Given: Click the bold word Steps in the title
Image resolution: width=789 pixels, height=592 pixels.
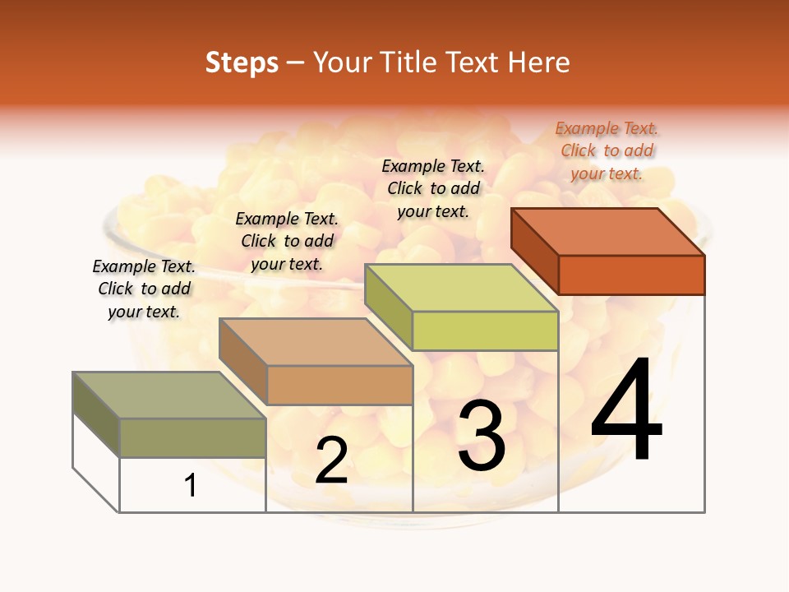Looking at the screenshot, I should coord(242,62).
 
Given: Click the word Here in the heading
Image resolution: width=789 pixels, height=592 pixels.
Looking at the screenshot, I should coord(538,62).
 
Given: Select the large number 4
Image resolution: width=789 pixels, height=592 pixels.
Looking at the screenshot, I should coord(626,411).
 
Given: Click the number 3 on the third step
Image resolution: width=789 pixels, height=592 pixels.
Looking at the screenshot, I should coord(482,436).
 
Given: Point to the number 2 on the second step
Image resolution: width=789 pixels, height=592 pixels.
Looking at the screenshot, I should coord(331,460).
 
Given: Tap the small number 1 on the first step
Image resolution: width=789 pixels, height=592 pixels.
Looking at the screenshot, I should coord(191,486).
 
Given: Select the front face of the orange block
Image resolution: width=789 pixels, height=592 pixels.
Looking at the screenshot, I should coord(631,275).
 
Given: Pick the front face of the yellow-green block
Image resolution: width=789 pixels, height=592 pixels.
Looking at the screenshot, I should coord(485,331).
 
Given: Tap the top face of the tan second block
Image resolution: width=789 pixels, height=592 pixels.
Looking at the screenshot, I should coord(316,342).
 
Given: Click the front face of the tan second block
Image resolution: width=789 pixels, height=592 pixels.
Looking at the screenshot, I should coord(339,385).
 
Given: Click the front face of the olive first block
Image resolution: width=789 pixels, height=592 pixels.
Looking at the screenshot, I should coord(192,437).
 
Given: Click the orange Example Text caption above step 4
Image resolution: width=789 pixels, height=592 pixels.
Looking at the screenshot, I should coord(607,150).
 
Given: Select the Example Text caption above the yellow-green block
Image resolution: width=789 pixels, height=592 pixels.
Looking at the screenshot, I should coord(433,188).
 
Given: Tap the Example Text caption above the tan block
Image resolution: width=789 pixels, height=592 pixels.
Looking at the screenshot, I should coord(287,241).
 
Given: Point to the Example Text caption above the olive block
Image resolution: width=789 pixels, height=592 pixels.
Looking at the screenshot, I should coord(144,289).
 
